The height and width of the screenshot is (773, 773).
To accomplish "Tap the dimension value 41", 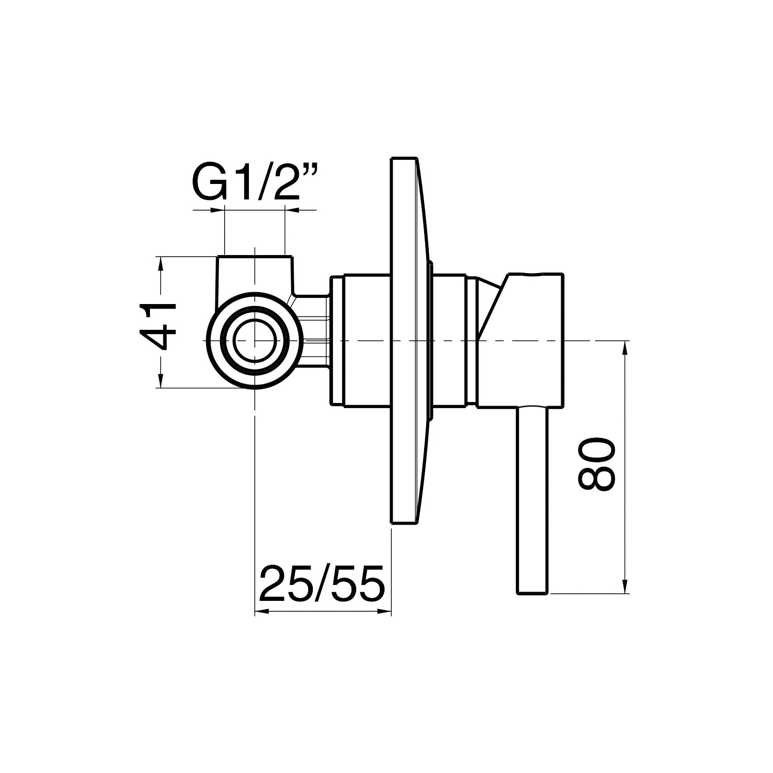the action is pos(159,327).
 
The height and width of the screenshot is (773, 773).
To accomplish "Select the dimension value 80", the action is pos(597,465).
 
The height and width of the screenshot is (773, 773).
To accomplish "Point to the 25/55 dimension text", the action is pos(322,583).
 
